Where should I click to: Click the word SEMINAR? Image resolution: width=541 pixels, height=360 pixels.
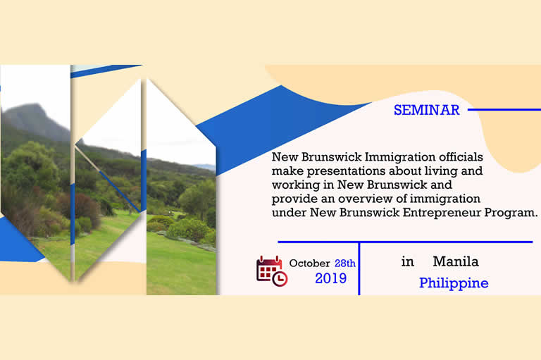coord(426,110)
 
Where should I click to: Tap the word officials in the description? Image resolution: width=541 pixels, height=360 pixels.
coord(461,156)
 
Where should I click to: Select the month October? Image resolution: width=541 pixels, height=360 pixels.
coord(309,263)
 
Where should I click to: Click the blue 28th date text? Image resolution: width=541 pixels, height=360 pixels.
coord(345,263)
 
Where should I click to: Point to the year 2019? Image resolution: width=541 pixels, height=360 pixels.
coord(330,278)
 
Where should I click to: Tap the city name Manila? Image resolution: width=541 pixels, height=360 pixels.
coord(456,261)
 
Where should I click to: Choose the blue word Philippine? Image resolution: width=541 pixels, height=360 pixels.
coord(454,283)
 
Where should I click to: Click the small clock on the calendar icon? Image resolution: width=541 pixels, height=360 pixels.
coord(280,279)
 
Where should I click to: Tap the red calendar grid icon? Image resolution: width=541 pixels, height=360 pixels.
coord(269,269)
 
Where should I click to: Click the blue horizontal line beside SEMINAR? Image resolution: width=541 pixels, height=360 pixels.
coord(504,110)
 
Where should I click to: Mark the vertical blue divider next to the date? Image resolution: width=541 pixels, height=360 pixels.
coord(359,268)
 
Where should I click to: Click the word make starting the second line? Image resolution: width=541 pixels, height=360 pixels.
coord(287,171)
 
